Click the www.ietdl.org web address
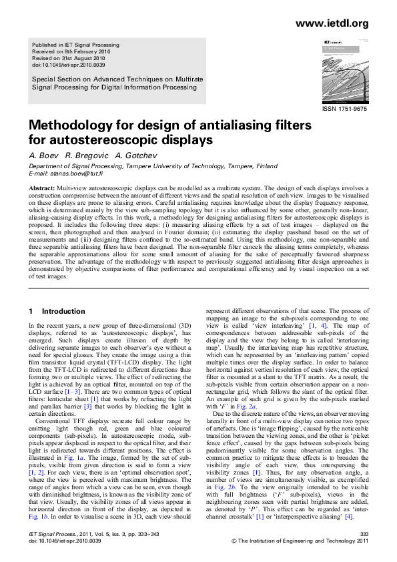coord(340,25)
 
